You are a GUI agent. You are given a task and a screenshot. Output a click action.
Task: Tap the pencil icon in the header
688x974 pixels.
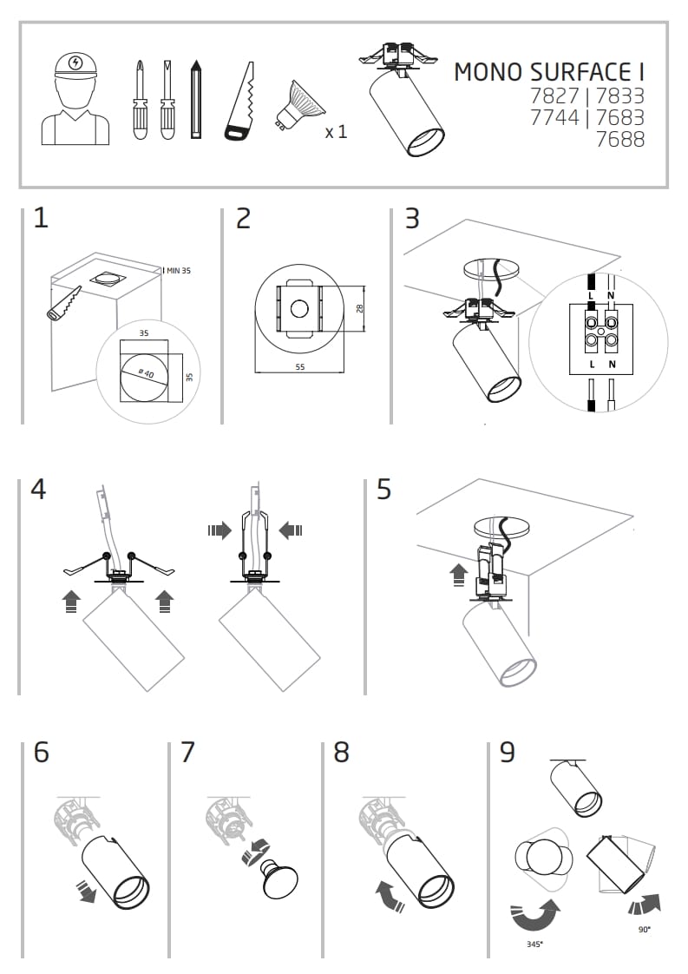pos(197,99)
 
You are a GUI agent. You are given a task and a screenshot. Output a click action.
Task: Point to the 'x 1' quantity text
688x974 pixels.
pos(336,132)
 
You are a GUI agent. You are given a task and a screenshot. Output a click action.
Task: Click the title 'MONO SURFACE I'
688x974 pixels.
pos(549,72)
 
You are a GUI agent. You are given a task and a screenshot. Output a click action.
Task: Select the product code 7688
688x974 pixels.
pos(620,139)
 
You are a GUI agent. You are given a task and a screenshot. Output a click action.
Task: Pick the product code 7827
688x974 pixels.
pos(554,95)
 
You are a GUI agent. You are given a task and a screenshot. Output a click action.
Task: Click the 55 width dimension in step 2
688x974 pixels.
pos(299,367)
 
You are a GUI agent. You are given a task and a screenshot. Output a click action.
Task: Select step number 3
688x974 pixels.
pos(412,218)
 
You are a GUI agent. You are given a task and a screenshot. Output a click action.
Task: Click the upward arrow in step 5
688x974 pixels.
pos(458,573)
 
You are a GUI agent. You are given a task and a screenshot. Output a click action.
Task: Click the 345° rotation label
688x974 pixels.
pos(535,942)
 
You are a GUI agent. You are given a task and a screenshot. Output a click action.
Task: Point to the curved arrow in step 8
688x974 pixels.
pos(389,896)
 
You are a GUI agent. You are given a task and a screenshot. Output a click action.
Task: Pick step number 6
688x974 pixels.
pos(41,752)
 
